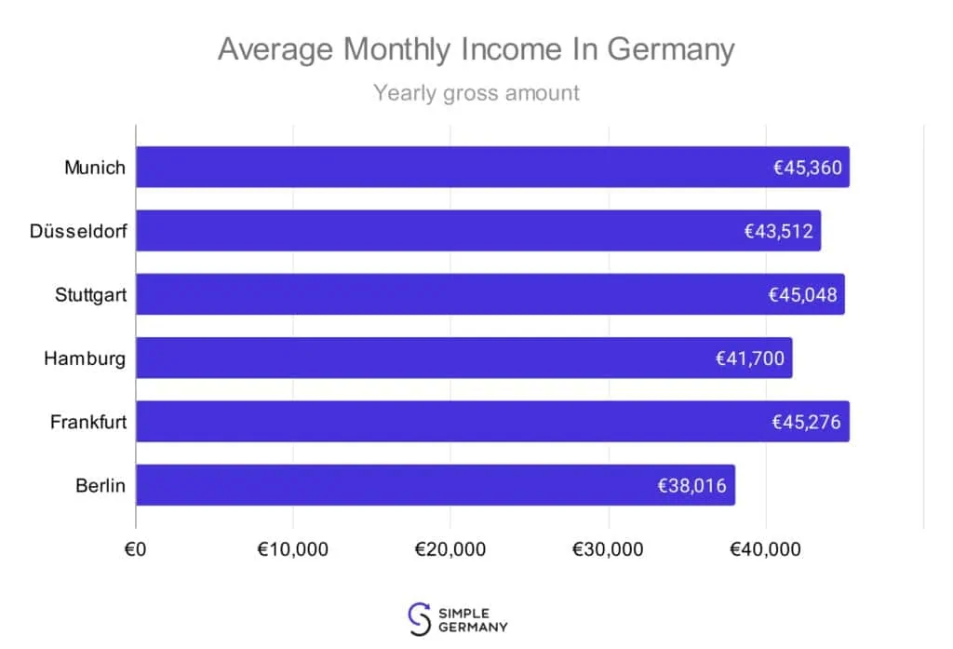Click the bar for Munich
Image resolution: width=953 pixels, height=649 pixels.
click(x=447, y=168)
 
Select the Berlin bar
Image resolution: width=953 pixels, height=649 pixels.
click(x=391, y=485)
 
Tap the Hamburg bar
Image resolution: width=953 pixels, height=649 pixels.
click(x=419, y=358)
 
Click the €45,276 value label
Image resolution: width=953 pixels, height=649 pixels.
click(x=806, y=422)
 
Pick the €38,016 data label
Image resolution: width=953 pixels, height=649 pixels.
click(x=692, y=485)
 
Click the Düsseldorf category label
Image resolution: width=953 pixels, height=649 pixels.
click(x=77, y=231)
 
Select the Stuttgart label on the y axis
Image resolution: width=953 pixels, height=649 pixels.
click(x=90, y=295)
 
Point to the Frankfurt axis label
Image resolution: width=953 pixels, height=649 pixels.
click(x=88, y=422)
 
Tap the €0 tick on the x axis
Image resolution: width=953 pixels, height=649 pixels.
click(x=136, y=549)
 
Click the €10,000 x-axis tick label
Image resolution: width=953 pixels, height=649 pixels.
click(x=292, y=549)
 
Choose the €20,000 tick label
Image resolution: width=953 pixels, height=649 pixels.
click(x=450, y=549)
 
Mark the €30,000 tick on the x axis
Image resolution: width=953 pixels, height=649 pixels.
click(x=608, y=549)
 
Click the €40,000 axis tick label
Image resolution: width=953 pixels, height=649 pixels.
click(x=765, y=549)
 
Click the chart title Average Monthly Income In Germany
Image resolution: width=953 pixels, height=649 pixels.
click(x=476, y=49)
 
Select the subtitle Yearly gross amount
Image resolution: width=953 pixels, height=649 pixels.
click(x=476, y=93)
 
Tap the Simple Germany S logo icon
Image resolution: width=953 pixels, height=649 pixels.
click(x=421, y=617)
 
